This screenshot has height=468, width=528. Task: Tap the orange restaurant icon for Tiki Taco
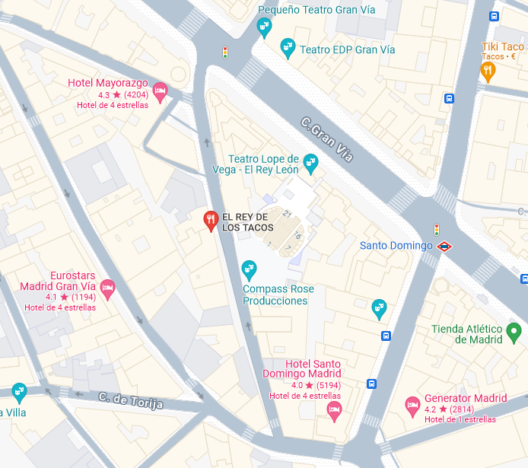(x=488, y=72)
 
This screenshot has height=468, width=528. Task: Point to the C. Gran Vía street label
(x=327, y=139)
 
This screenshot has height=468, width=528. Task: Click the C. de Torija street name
(x=131, y=400)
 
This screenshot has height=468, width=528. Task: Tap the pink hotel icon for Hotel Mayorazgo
(x=160, y=91)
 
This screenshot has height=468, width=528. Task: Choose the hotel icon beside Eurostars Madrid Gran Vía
(x=107, y=288)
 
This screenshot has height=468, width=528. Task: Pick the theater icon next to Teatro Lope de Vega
(x=310, y=161)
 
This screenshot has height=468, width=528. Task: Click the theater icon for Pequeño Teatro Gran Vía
(x=264, y=28)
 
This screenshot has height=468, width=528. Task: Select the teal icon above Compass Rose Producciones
(x=248, y=269)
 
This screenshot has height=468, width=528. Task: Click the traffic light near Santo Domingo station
(x=437, y=229)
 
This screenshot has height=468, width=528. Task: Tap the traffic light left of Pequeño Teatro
(x=224, y=52)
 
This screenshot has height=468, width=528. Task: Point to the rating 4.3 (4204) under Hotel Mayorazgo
(x=123, y=95)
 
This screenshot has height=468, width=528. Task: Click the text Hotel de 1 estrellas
(x=460, y=419)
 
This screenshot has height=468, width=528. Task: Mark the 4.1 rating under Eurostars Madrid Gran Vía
(x=52, y=297)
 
